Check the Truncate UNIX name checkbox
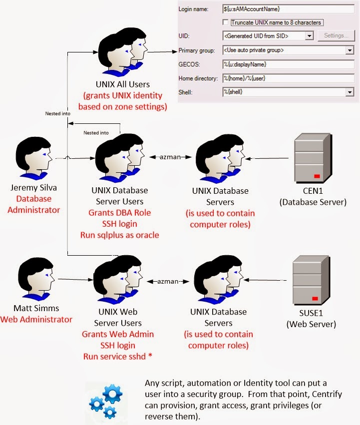tap(226, 22)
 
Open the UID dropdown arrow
tap(309, 36)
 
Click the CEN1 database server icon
tap(310, 159)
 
